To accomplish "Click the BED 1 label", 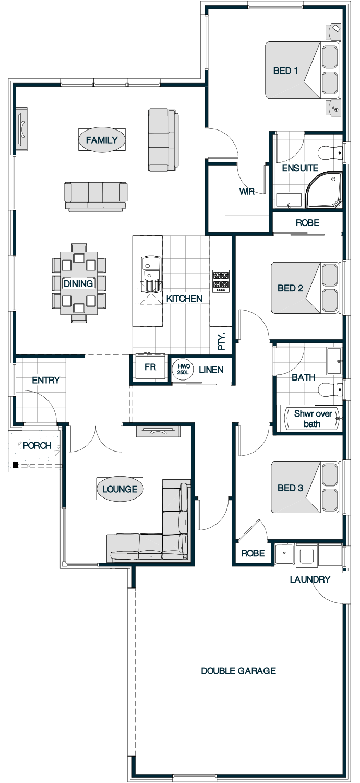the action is pos(285,70).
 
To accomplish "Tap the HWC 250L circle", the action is pos(183,369).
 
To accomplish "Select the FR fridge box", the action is pos(150,367).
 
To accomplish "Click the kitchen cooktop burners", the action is pos(221,281).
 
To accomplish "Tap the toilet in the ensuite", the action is pos(331,152).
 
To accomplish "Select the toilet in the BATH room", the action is pos(331,389).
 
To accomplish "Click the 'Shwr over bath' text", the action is pos(313,419).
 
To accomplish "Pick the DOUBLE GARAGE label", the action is pos(238,671).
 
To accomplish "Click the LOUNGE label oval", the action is pos(120,489).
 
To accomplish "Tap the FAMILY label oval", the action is pos(102,140).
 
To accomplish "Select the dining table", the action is pos(79,283).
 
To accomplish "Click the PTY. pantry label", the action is pos(222,341).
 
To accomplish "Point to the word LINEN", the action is pos(211,370).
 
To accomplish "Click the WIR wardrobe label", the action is pos(246,191).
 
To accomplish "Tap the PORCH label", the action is pos(37,446).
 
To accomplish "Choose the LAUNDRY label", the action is pos(310,579).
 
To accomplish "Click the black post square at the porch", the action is pos(15,465).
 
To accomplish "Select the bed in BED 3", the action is pos(306,488).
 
